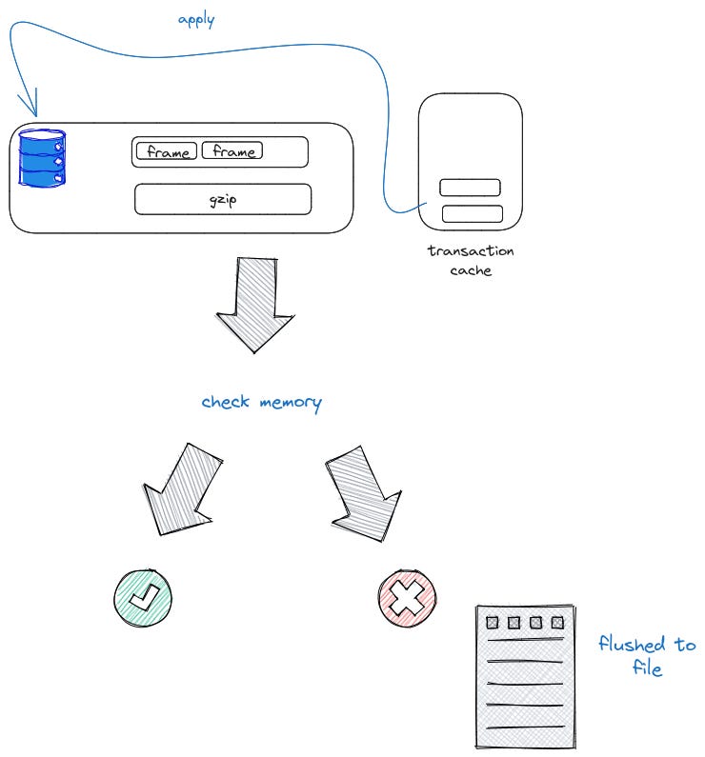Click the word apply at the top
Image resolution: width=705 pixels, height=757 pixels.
pyautogui.click(x=196, y=19)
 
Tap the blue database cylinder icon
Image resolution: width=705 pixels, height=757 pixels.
pyautogui.click(x=43, y=158)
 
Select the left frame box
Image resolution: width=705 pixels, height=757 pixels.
pyautogui.click(x=167, y=151)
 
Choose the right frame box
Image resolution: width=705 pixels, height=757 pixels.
pyautogui.click(x=232, y=150)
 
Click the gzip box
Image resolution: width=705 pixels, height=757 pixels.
pyautogui.click(x=223, y=199)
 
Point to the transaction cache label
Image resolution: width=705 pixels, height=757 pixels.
pyautogui.click(x=471, y=260)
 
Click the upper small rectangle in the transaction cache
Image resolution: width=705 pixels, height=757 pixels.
pyautogui.click(x=470, y=188)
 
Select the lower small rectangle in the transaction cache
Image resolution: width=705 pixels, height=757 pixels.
pyautogui.click(x=472, y=213)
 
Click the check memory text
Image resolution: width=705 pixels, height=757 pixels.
pyautogui.click(x=261, y=402)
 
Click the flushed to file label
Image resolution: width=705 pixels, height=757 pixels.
pyautogui.click(x=647, y=656)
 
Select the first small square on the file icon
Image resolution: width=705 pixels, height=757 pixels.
pyautogui.click(x=493, y=623)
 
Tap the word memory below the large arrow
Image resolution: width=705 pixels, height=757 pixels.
pyautogui.click(x=290, y=402)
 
